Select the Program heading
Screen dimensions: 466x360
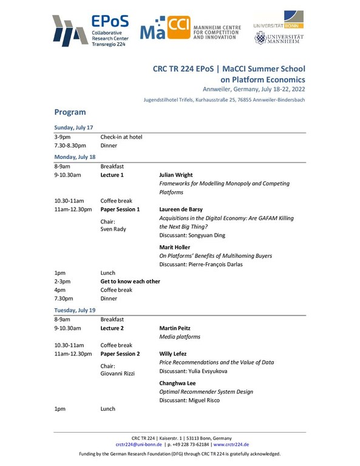(70, 112)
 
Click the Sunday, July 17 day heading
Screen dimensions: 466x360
(73, 127)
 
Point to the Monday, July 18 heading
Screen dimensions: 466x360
(75, 157)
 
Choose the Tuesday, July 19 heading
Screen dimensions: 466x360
(75, 309)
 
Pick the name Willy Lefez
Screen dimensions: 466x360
(173, 353)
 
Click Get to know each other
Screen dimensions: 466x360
(131, 282)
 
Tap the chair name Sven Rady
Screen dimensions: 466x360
(113, 230)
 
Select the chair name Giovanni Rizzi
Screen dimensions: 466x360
(118, 374)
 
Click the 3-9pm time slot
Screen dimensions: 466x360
(63, 137)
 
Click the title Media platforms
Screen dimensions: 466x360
(179, 336)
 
